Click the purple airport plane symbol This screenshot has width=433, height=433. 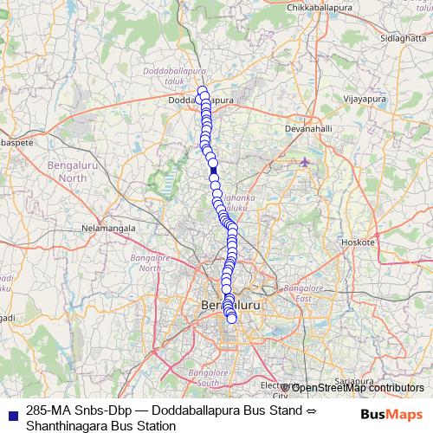(x=304, y=162)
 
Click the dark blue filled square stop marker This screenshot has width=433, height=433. (x=214, y=171)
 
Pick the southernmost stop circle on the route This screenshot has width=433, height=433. (x=232, y=319)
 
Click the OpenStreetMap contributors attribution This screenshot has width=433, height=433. (x=357, y=387)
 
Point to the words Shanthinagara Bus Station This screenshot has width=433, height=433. (x=101, y=425)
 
